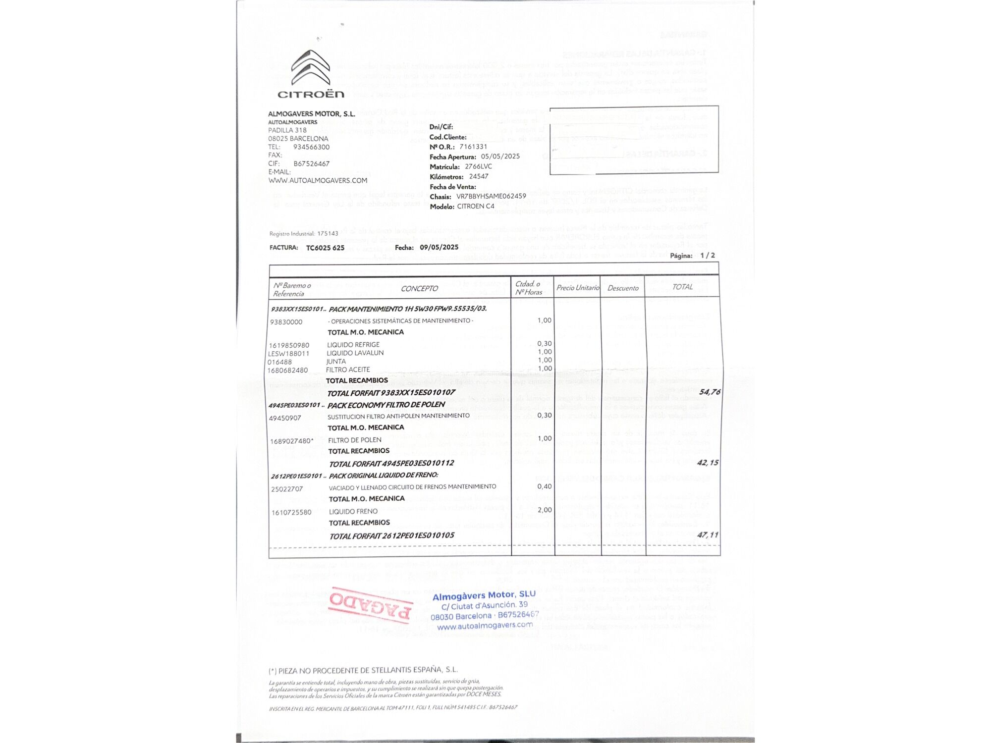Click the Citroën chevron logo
click(311, 68)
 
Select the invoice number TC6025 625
click(325, 248)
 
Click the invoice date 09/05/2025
click(439, 247)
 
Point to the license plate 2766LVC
click(478, 166)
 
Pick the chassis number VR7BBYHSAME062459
click(491, 196)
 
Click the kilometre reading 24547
click(479, 176)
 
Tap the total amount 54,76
click(710, 392)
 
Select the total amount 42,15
click(708, 463)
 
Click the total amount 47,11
click(708, 535)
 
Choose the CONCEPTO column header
click(419, 288)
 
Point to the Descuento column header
click(623, 288)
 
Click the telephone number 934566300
click(311, 147)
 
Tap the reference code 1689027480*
click(292, 441)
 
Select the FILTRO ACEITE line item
click(348, 370)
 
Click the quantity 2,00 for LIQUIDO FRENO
click(545, 510)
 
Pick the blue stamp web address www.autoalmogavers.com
click(485, 626)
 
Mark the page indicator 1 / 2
click(708, 255)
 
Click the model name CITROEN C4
click(476, 206)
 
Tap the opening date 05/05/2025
click(500, 156)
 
